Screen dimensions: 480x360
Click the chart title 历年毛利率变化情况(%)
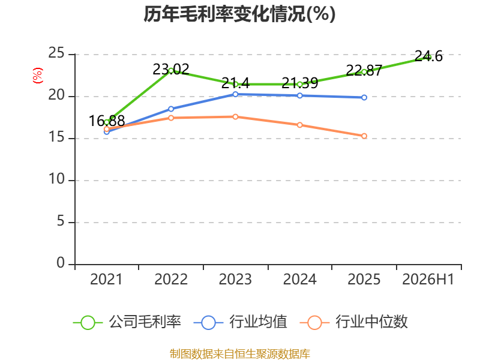239,14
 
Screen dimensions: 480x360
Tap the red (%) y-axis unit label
37,76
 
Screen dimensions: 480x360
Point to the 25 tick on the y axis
56,53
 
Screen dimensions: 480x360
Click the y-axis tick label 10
56,179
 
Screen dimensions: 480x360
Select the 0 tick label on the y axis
61,263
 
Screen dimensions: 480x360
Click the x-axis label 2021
106,279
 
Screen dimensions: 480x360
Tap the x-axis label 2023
235,279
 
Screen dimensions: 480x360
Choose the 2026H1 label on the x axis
428,279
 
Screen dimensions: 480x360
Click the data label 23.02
171,70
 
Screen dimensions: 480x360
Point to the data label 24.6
428,56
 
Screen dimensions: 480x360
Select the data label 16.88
107,121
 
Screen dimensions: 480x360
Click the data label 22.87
364,71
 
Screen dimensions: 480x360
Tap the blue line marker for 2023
235,94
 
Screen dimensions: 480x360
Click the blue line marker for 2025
364,97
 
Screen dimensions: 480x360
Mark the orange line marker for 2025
364,136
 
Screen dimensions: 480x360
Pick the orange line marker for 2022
171,118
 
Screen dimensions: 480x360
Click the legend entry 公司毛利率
127,322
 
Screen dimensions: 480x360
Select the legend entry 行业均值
241,322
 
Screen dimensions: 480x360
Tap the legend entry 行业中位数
354,322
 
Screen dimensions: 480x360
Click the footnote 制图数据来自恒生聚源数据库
239,354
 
